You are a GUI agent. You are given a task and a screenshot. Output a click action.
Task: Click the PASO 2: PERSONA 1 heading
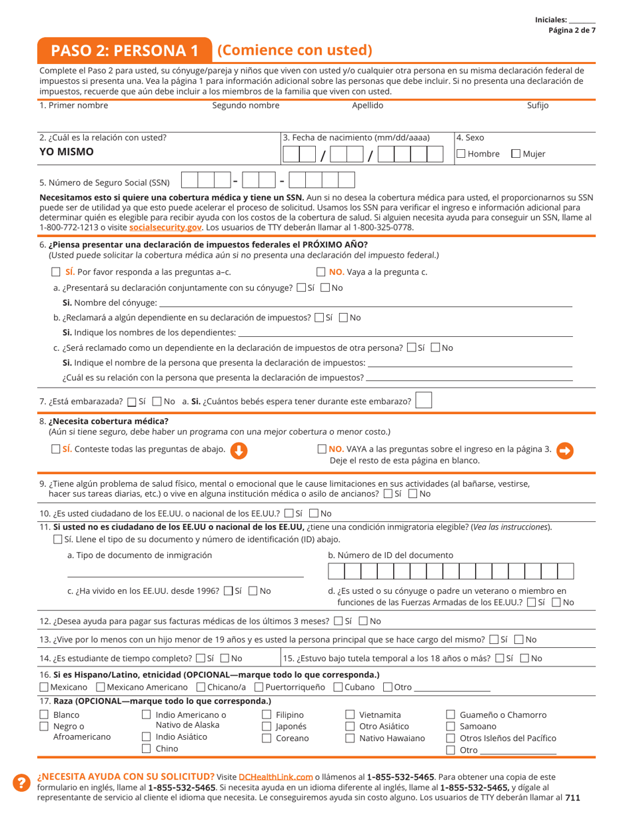125,51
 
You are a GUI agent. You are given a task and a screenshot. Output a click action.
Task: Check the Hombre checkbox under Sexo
461,154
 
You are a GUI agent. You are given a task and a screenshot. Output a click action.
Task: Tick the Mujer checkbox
516,154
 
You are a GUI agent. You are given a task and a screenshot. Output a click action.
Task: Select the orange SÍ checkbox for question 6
56,272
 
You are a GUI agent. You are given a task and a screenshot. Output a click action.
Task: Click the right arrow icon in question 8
564,451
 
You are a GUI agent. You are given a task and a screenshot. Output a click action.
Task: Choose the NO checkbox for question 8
322,449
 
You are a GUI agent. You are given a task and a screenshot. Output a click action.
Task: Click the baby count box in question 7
423,401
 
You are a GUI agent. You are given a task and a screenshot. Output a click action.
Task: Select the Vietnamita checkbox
350,715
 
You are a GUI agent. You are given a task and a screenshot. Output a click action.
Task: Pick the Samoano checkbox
450,726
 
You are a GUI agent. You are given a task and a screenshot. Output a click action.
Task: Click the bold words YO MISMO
67,151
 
